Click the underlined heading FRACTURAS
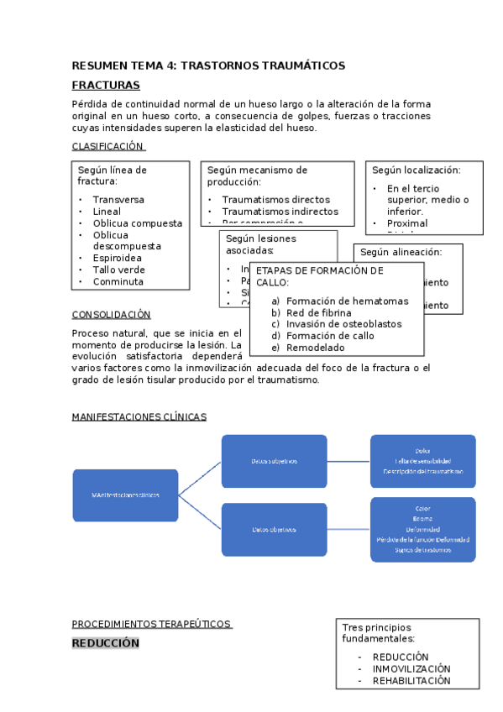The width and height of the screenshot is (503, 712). [x=106, y=86]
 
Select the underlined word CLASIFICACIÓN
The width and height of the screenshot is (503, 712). [x=108, y=146]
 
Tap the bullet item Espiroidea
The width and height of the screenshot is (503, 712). [x=118, y=259]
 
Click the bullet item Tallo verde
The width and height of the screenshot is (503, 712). [x=118, y=270]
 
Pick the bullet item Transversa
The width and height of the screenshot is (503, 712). [x=118, y=200]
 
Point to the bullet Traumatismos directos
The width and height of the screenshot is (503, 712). [x=275, y=200]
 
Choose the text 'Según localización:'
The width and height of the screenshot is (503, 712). [x=417, y=170]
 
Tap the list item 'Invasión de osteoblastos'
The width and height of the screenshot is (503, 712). [x=343, y=324]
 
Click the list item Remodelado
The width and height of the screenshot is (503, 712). [x=315, y=348]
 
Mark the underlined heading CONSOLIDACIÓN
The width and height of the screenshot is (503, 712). [x=111, y=315]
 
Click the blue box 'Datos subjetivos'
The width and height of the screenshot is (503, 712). [x=274, y=461]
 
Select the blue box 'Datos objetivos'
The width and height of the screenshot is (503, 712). [x=274, y=530]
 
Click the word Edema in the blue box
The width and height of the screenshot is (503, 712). [x=422, y=519]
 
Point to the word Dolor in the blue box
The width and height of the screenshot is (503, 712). [x=422, y=451]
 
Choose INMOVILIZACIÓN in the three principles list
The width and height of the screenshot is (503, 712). [x=411, y=669]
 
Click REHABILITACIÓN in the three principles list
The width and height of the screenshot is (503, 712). [x=411, y=681]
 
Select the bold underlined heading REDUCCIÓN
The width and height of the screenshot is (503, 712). [x=105, y=643]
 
